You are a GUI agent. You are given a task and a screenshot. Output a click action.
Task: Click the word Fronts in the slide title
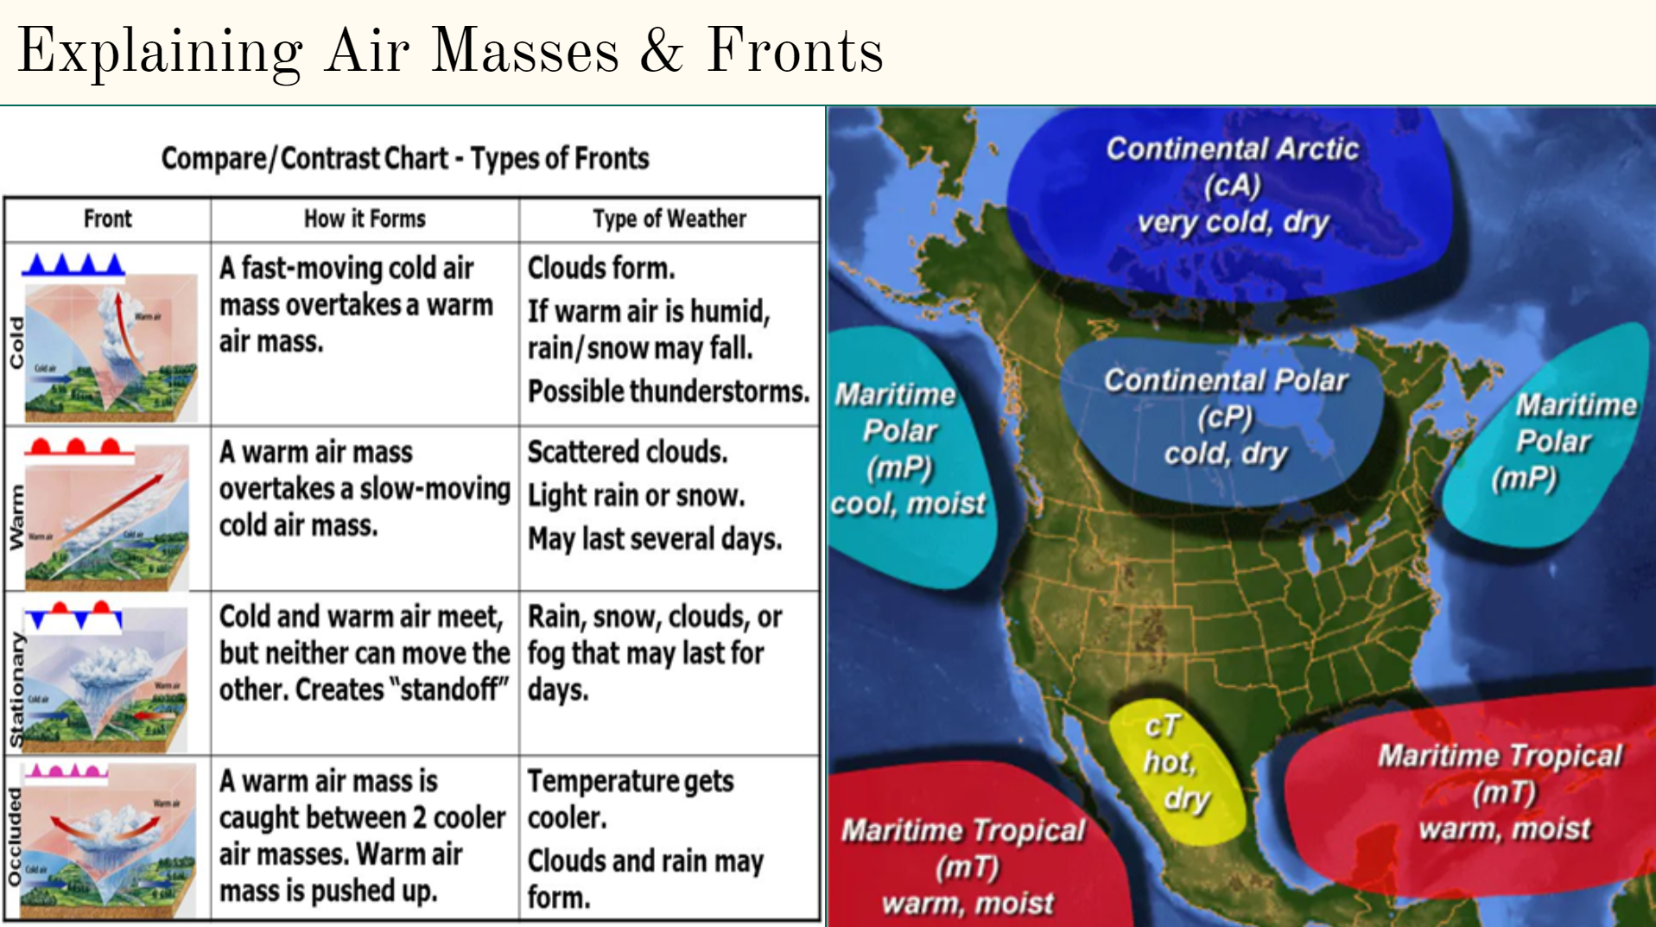click(x=795, y=50)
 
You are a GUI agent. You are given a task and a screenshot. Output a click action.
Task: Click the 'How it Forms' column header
click(x=365, y=219)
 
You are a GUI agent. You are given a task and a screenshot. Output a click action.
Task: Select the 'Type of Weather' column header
click(x=669, y=219)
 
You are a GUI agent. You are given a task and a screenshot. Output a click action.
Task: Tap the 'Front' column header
click(x=107, y=219)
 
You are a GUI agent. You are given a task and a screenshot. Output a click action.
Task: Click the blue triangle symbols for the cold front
click(x=73, y=264)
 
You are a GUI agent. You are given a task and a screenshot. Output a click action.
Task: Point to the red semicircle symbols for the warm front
click(x=76, y=447)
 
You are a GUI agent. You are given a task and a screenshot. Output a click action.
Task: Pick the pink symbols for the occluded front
click(x=66, y=771)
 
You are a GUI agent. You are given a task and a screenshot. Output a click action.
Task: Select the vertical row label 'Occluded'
click(x=15, y=836)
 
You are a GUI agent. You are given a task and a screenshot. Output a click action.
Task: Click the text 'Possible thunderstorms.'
click(x=668, y=391)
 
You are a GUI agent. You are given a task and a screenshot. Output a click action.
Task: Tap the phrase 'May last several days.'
click(x=654, y=539)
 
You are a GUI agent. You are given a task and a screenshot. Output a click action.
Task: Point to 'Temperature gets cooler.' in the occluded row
click(x=630, y=798)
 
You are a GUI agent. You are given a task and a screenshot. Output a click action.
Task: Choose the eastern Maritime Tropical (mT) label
click(x=1501, y=791)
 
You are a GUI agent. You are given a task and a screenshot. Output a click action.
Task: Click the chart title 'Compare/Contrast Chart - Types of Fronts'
click(x=405, y=158)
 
